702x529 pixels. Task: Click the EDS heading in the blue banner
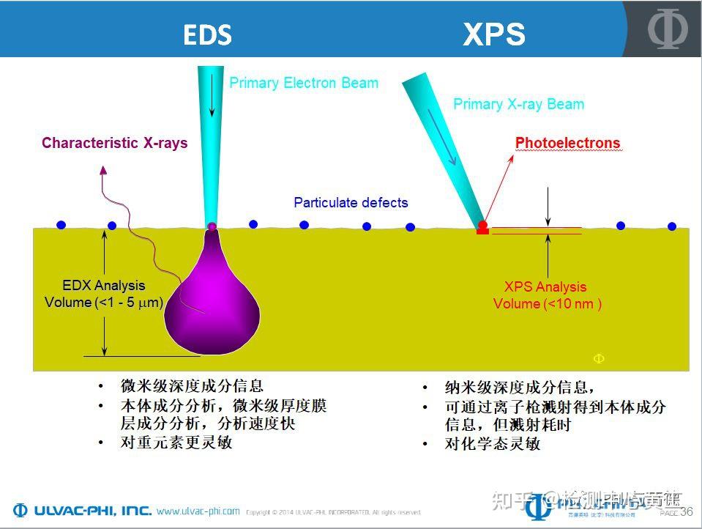click(207, 35)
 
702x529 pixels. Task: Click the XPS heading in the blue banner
click(493, 34)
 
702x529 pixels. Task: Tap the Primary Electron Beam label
click(304, 83)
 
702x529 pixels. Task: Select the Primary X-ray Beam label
click(518, 104)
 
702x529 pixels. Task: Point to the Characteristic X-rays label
click(114, 143)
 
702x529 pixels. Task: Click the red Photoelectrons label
click(567, 143)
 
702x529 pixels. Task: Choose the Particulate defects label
click(351, 203)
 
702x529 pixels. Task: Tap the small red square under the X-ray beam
click(482, 232)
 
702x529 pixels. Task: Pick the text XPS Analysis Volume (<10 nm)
click(546, 295)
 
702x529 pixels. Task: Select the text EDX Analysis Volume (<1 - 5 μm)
click(103, 294)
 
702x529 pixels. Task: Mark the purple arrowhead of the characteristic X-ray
click(103, 170)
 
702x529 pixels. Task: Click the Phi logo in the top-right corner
click(667, 29)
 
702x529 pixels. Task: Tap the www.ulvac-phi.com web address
click(198, 511)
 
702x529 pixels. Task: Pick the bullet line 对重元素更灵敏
click(176, 442)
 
